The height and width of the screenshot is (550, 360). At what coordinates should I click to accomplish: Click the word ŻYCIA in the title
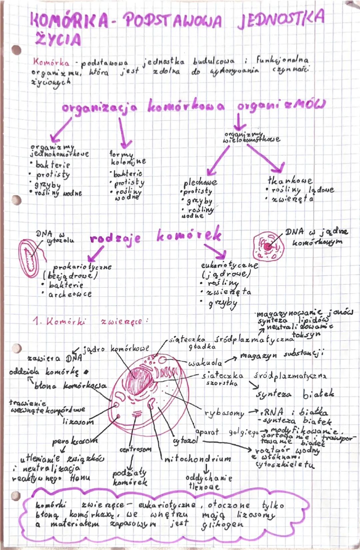(58, 39)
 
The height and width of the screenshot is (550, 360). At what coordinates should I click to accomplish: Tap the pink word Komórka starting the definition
(51, 62)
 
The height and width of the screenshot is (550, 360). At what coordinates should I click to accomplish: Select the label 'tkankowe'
(290, 180)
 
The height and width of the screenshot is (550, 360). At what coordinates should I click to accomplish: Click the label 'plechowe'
(200, 182)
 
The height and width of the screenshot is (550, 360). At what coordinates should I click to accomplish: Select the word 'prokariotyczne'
(82, 267)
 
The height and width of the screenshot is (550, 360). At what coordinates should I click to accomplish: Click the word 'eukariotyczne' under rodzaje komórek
(229, 265)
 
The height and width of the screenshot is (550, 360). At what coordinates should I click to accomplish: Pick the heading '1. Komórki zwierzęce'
(90, 321)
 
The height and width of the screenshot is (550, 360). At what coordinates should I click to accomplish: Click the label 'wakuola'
(205, 363)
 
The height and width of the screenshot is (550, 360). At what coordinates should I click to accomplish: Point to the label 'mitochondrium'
(198, 459)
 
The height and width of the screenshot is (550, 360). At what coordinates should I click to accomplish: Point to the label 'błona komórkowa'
(70, 386)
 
